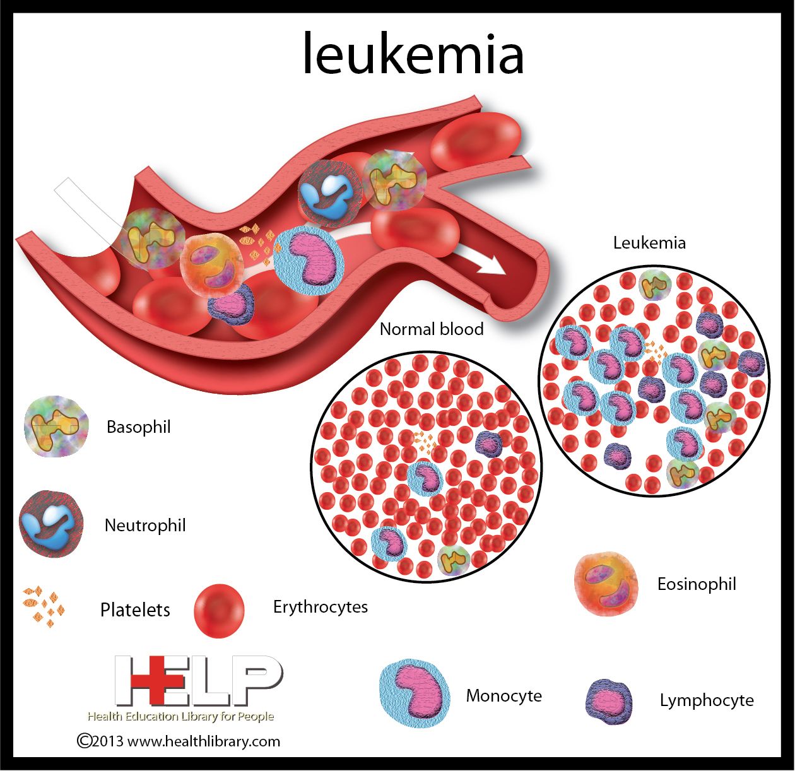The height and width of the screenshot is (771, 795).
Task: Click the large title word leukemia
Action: (x=413, y=54)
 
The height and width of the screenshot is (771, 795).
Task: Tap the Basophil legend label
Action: (x=138, y=427)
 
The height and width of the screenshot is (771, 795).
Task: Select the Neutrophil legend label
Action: (x=145, y=526)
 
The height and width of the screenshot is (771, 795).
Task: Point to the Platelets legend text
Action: (x=135, y=609)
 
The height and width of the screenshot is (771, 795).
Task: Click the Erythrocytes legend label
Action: (x=321, y=608)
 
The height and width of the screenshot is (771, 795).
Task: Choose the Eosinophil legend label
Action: (x=697, y=584)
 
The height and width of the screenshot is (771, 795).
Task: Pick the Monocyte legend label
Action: (x=503, y=696)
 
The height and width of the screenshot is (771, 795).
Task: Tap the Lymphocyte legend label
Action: (x=707, y=701)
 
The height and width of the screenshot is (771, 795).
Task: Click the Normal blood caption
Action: (x=432, y=329)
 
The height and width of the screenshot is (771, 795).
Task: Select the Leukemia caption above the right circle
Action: (x=649, y=243)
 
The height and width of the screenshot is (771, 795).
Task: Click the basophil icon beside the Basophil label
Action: (x=56, y=426)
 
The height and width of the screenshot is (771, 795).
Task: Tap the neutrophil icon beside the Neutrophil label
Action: (x=51, y=524)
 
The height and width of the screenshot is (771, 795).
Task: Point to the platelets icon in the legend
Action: (x=44, y=608)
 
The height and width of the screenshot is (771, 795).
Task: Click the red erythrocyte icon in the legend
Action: (x=219, y=611)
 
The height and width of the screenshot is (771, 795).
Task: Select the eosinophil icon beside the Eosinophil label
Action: (x=606, y=584)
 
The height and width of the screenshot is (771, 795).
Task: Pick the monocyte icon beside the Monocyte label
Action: (x=415, y=693)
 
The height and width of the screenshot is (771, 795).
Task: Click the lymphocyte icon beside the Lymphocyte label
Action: (x=609, y=702)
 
